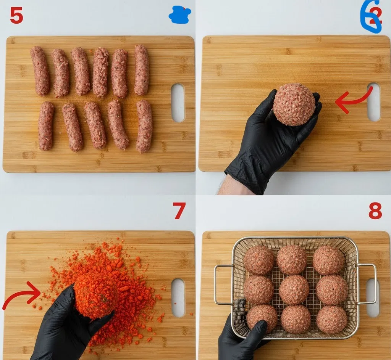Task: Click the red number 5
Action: tap(16, 16)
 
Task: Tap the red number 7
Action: tap(179, 211)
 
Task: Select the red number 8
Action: tap(375, 211)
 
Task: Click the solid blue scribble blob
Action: tap(179, 15)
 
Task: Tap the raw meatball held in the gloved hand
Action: tap(294, 104)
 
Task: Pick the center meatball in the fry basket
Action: tap(294, 290)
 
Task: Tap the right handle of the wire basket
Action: tap(368, 284)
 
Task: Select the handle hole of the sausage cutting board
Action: tap(178, 103)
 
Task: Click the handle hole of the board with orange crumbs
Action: tap(178, 297)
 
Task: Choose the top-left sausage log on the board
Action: tap(40, 71)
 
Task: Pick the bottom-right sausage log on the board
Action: tap(144, 126)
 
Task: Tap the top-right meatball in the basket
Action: tap(329, 260)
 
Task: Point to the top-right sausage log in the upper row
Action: tap(141, 70)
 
